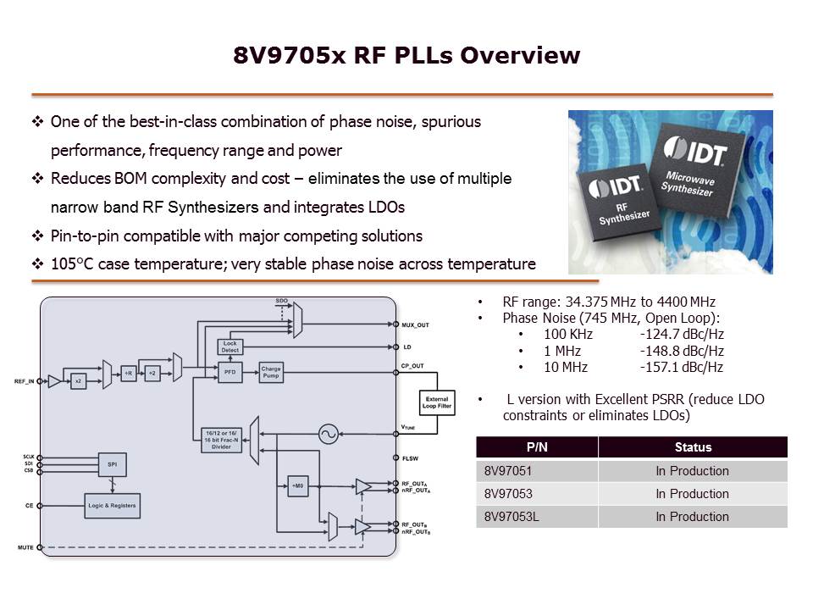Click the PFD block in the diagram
pos(229,372)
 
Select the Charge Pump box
pos(271,372)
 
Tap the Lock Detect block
pos(230,346)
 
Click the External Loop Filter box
pos(438,404)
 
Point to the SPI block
pos(112,465)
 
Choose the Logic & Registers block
pos(112,506)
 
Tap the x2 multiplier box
pos(78,381)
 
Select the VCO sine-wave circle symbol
pos(328,435)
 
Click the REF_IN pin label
pos(25,381)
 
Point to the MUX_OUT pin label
pos(415,324)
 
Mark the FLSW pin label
pos(409,458)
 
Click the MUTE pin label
pos(25,547)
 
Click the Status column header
pos(692,446)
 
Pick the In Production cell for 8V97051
pos(692,471)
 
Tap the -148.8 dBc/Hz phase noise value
pos(682,351)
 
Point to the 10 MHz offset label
pos(566,367)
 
